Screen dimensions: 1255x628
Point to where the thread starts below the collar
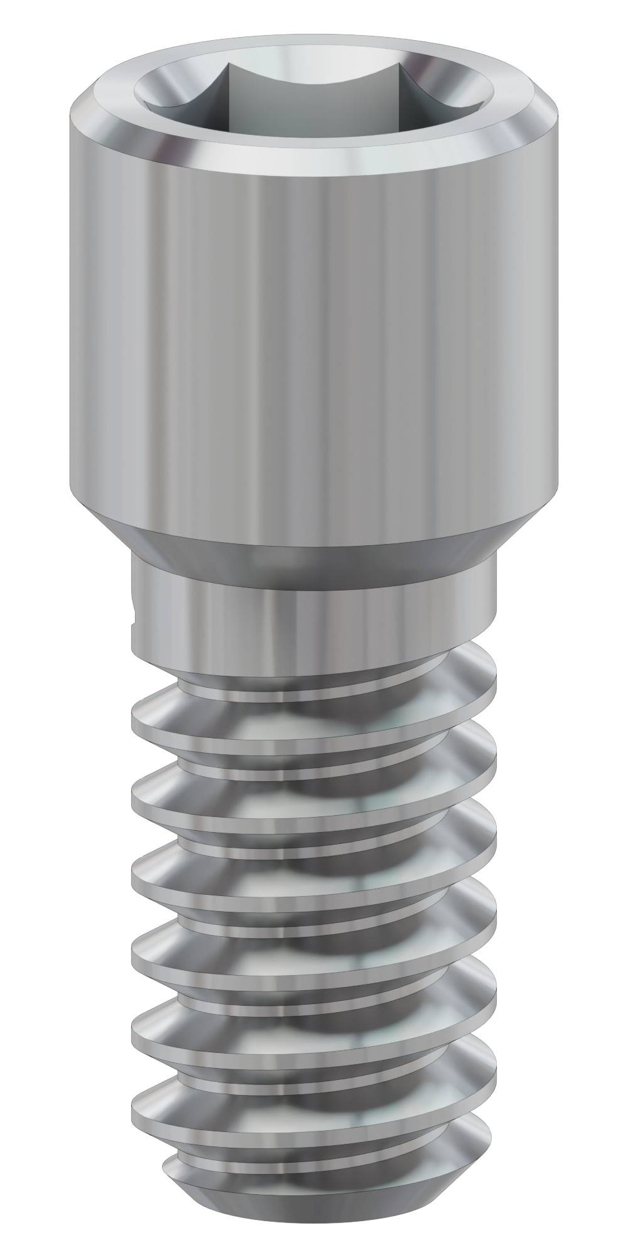[452, 659]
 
